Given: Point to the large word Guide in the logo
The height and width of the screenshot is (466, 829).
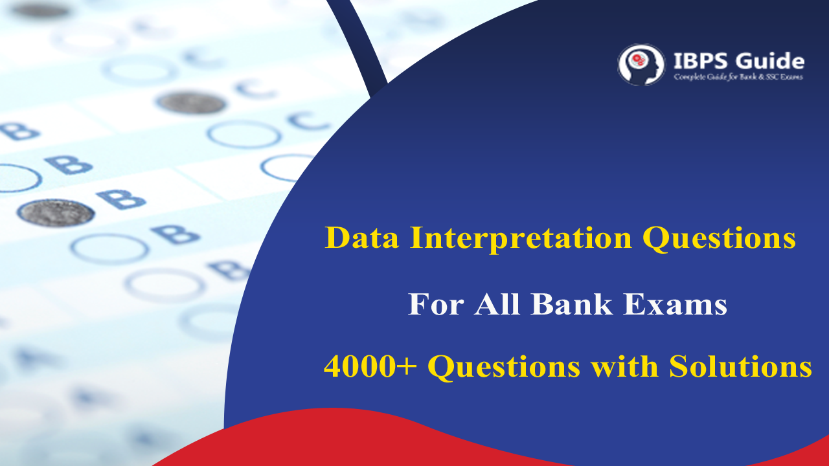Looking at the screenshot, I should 771,61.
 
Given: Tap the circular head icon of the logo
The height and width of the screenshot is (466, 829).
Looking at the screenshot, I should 641,65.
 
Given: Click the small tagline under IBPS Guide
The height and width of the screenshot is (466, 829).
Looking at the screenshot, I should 738,78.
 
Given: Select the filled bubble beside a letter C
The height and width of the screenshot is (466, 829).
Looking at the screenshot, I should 191,102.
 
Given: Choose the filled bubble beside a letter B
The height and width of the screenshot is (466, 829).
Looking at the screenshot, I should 56,212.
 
